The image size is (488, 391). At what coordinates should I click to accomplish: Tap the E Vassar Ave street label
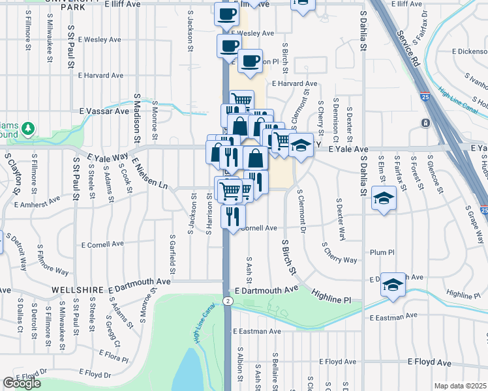pos(104,111)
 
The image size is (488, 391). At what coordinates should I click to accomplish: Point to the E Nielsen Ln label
pos(149,173)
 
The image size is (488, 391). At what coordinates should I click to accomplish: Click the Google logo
pos(22,383)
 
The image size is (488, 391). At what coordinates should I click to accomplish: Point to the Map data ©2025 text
pos(461,386)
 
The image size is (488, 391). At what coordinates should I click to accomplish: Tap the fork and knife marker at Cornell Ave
pos(233,214)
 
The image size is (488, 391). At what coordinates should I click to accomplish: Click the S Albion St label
pos(240,369)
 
